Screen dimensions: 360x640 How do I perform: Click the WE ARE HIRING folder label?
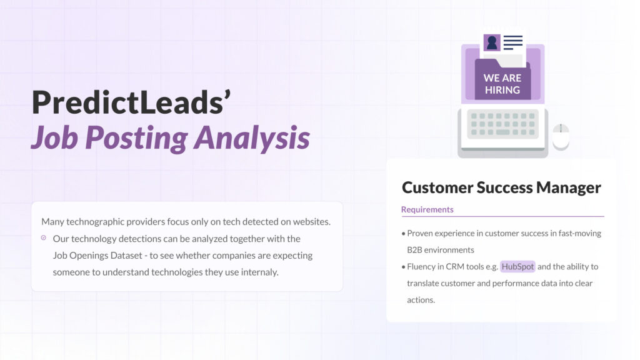pos(502,84)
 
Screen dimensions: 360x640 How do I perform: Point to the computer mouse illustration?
pos(561,136)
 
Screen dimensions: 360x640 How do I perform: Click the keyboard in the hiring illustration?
pos(502,124)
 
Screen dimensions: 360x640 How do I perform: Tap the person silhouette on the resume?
pos(492,42)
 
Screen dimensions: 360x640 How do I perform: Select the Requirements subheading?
pos(427,209)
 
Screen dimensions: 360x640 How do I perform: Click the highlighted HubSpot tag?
pos(517,267)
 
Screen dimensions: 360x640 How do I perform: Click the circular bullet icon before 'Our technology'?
pos(43,238)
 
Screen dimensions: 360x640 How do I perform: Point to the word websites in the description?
pos(310,222)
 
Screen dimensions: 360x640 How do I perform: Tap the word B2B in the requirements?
pos(416,250)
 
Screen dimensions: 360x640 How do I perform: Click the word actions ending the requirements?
pos(420,300)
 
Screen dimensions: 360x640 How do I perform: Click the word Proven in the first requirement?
pos(422,233)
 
